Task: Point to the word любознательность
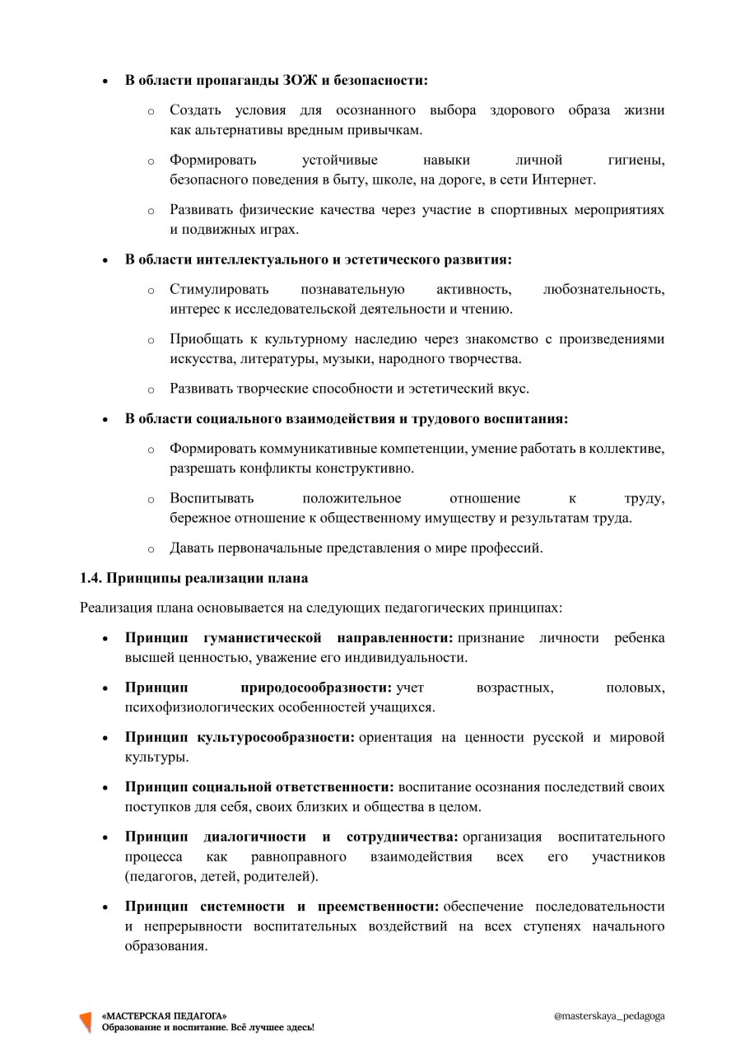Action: (604, 290)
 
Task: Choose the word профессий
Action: (507, 548)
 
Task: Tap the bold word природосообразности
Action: (316, 688)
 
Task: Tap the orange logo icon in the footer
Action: (85, 1022)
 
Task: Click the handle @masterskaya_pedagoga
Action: (609, 1016)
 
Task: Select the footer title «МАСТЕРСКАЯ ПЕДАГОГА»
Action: (164, 1016)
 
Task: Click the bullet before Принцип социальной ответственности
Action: (105, 788)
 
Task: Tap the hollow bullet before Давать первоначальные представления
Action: (151, 549)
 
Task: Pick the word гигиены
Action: (636, 160)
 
